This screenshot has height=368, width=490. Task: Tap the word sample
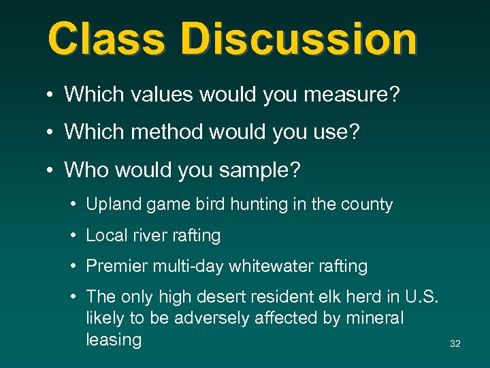[x=263, y=170]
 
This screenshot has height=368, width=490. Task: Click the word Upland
[x=112, y=204]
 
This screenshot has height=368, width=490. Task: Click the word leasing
[x=114, y=339]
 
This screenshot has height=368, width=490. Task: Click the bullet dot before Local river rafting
[x=73, y=236]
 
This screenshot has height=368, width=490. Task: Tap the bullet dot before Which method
[x=51, y=132]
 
